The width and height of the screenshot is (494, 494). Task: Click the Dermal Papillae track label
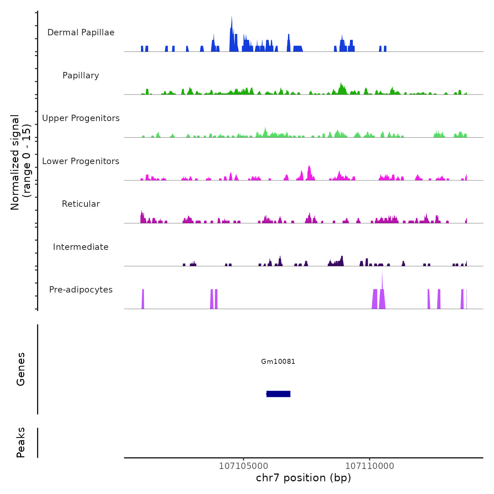(81, 32)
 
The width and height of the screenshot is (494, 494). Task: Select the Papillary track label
(81, 76)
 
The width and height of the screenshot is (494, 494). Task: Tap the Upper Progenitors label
(81, 118)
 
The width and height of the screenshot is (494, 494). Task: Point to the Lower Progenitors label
(81, 161)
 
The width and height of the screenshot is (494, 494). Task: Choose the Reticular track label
(81, 204)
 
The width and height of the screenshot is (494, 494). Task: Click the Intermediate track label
(81, 247)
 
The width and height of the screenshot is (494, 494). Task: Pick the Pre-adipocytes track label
(81, 290)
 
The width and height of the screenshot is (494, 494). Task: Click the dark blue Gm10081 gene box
(278, 394)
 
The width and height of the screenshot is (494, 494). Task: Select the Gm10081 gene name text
(278, 361)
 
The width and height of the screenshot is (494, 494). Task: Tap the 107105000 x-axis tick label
(243, 466)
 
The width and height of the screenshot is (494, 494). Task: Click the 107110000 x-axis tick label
(369, 466)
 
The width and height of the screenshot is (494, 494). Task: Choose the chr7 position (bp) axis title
(303, 478)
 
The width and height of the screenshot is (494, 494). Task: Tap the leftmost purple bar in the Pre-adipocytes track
(143, 299)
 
